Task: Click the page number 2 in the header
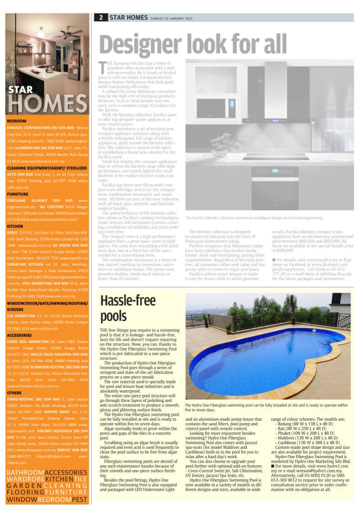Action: click(x=101, y=18)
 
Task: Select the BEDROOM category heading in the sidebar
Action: click(x=17, y=121)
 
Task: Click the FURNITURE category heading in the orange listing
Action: click(x=18, y=194)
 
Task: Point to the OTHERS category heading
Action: click(x=15, y=392)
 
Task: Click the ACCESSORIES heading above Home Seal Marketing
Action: click(x=20, y=335)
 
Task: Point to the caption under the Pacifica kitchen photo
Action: click(x=254, y=217)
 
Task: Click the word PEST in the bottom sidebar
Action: click(x=79, y=500)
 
